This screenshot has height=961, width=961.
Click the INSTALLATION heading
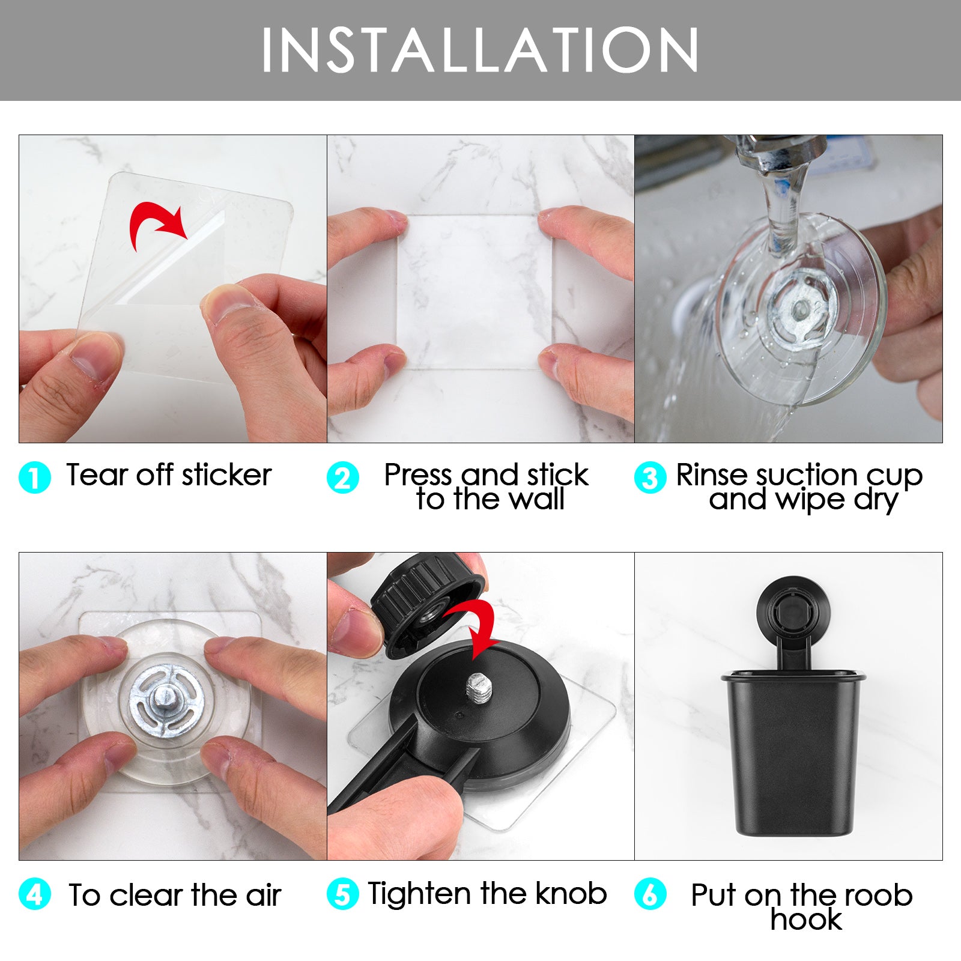click(480, 50)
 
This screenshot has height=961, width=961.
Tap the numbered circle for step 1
click(35, 477)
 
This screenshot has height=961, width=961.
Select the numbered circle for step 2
click(343, 477)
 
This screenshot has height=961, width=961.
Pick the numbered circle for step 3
click(650, 477)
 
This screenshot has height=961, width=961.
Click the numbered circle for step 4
click(35, 894)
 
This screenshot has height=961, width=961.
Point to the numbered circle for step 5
click(343, 894)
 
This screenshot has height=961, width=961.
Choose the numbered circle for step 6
click(650, 894)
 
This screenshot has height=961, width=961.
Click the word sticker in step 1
click(227, 475)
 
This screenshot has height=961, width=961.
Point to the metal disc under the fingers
click(166, 703)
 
